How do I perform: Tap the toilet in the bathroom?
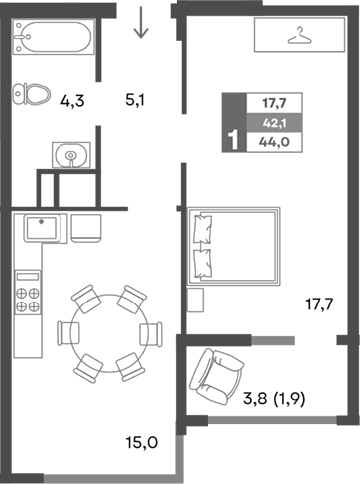(34, 94)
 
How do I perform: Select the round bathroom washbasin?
(69, 154)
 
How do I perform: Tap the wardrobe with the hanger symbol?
(295, 36)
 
